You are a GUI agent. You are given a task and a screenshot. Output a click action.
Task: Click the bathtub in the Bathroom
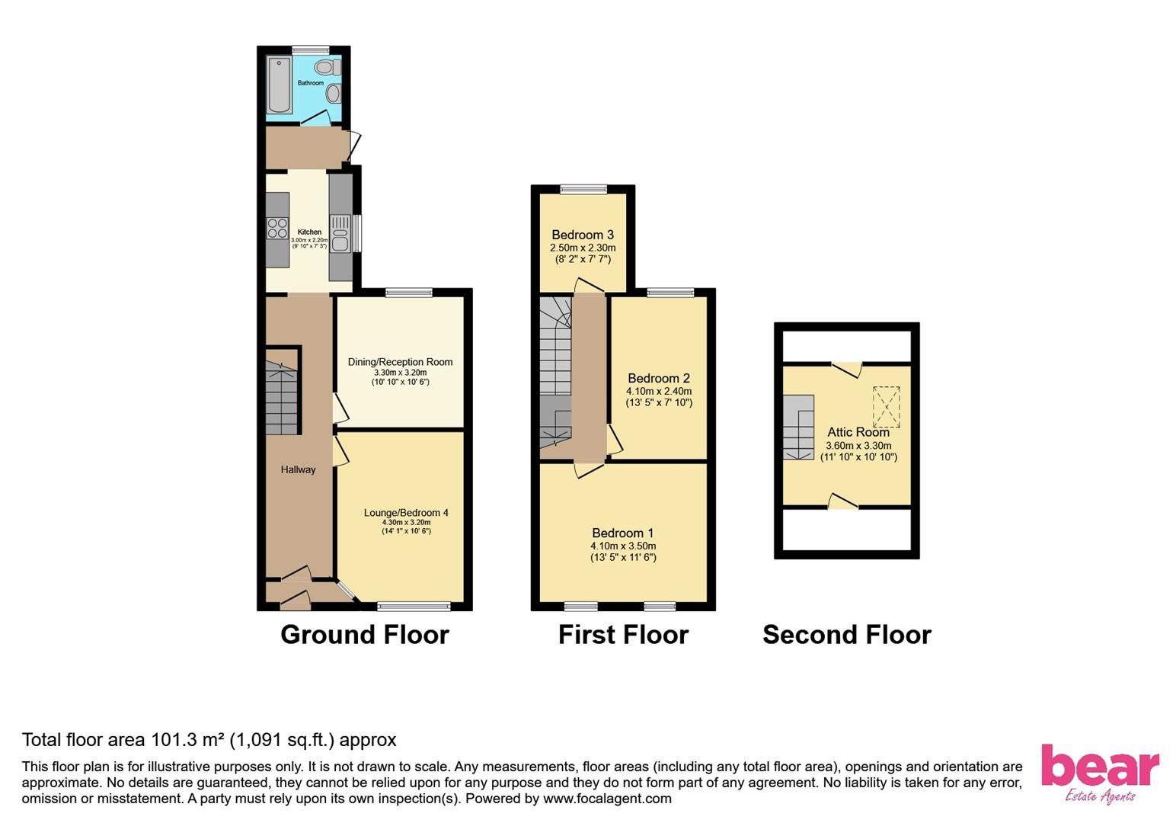pos(280,85)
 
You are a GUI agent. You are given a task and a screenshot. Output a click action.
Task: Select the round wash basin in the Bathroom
pos(333,94)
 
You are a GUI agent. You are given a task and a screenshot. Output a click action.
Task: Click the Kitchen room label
pos(309,232)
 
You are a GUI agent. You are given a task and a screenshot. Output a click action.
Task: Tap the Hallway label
pos(298,469)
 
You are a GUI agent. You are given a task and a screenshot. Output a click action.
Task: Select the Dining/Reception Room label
pos(400,362)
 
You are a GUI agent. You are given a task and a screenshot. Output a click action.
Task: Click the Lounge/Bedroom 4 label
pos(406,513)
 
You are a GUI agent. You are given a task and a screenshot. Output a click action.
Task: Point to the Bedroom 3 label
pos(583,235)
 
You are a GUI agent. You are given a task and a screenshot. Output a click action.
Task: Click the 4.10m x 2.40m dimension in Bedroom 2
pos(659,391)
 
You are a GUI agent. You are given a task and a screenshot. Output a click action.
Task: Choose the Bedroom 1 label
pos(622,533)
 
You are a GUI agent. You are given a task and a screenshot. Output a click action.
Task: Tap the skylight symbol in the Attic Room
pos(886,406)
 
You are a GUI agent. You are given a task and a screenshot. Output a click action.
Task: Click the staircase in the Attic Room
pos(798,427)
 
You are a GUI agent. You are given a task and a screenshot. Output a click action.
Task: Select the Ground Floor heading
pos(364,635)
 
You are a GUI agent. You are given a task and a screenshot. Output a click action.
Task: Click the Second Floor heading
pos(846,635)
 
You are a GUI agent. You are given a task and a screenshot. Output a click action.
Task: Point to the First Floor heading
pos(622,635)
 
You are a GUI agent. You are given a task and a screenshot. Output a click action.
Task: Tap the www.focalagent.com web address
pos(607,799)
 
